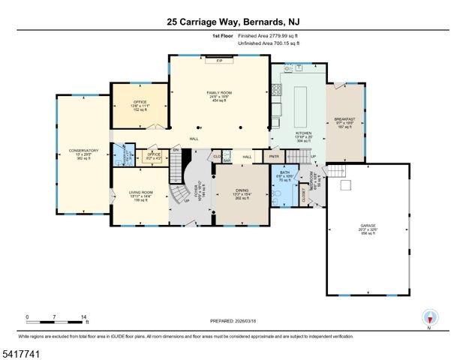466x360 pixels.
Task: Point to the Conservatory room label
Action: [83, 154]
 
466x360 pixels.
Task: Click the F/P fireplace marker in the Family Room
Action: [219, 61]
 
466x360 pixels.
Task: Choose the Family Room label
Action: [218, 97]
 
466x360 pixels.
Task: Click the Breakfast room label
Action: [345, 123]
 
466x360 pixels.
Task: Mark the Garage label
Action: [367, 229]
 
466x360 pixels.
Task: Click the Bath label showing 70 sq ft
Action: [284, 177]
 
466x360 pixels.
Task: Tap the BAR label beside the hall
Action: [226, 160]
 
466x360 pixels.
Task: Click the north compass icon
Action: [428, 318]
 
